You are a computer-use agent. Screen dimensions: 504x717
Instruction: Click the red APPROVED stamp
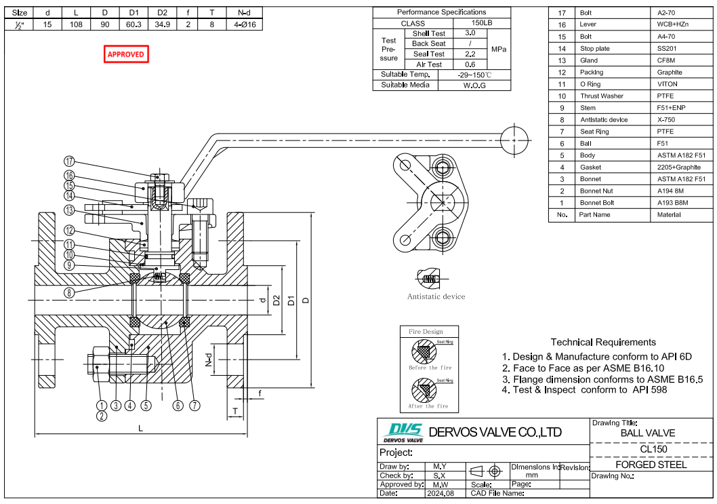[x=126, y=54]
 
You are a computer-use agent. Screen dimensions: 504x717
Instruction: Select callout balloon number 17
[x=69, y=161]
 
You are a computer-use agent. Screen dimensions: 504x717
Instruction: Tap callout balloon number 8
[x=69, y=294]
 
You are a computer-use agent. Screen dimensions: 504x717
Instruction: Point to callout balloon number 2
[x=102, y=416]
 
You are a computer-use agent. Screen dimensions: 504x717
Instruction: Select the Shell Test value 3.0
[x=470, y=33]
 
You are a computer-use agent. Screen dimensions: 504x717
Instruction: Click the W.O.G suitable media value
[x=474, y=85]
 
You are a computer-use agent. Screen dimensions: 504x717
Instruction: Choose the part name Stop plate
[x=594, y=49]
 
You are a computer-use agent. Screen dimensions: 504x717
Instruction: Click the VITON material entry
[x=667, y=84]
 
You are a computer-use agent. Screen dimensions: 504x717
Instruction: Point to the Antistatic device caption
[x=436, y=296]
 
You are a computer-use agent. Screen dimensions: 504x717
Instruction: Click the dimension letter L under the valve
[x=140, y=429]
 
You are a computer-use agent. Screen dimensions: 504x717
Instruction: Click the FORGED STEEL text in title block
[x=651, y=465]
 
